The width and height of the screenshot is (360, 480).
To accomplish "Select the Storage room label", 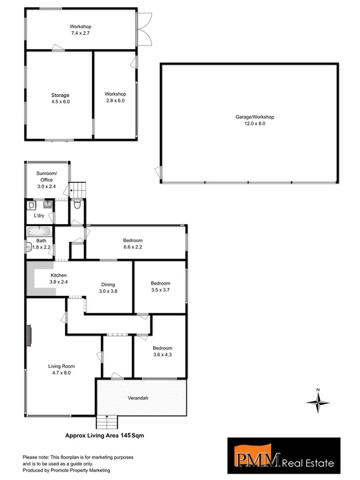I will pyautogui.click(x=60, y=95).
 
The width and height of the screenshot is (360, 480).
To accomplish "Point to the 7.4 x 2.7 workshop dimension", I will pyautogui.click(x=81, y=33).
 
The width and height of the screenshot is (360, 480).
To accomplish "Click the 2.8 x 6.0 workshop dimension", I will pyautogui.click(x=115, y=100).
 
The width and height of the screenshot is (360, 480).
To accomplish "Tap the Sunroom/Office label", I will pyautogui.click(x=46, y=177).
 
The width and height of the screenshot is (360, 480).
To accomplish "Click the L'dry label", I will pyautogui.click(x=39, y=216).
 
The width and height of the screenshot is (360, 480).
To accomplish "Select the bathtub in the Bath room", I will pyautogui.click(x=39, y=231).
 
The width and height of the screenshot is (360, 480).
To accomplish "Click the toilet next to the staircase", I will pyautogui.click(x=77, y=204).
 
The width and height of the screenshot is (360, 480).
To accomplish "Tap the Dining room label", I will pyautogui.click(x=108, y=284).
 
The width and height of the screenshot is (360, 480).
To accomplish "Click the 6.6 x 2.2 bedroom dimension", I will pyautogui.click(x=133, y=247).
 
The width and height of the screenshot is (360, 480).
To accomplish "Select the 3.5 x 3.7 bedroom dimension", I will pyautogui.click(x=161, y=290).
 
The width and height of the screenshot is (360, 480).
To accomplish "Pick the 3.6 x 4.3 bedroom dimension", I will pyautogui.click(x=163, y=355).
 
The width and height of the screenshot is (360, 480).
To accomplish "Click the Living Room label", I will pyautogui.click(x=61, y=366).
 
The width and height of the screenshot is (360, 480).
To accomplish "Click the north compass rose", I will pyautogui.click(x=318, y=403).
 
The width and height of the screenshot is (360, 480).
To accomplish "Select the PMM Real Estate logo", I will pyautogui.click(x=284, y=456).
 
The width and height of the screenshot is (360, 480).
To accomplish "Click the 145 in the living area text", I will pyautogui.click(x=127, y=435).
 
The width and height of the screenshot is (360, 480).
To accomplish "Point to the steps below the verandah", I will pyautogui.click(x=107, y=421).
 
